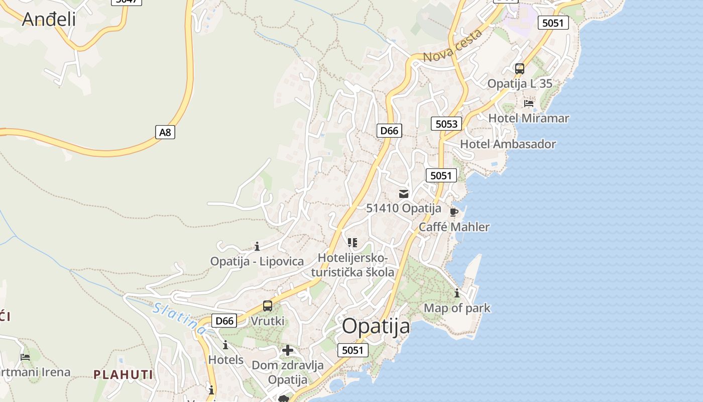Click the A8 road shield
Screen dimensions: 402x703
(165, 132)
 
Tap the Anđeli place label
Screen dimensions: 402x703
(49, 19)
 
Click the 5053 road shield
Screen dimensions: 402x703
(446, 124)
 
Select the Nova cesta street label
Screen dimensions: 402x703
(452, 46)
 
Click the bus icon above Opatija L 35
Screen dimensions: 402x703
(520, 69)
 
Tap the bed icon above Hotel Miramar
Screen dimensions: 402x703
(528, 104)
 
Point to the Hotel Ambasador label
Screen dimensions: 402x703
(508, 144)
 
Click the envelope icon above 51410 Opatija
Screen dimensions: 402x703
(404, 193)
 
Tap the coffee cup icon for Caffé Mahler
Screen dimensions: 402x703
(454, 212)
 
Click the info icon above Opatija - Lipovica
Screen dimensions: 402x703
(257, 246)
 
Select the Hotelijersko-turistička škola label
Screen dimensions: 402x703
(353, 265)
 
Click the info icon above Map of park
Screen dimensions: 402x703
(457, 293)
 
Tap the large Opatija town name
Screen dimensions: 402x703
(376, 327)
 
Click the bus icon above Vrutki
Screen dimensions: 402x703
(268, 306)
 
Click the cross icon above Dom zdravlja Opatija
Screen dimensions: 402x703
(288, 350)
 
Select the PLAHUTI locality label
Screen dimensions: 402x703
(123, 374)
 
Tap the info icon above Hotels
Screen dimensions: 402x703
(225, 345)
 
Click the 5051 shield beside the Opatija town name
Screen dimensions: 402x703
(353, 350)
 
